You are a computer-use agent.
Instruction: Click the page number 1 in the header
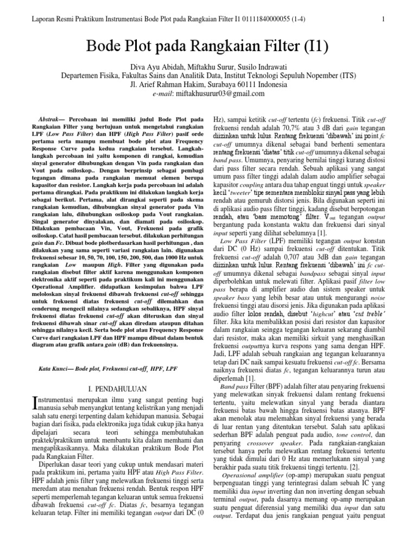(383, 20)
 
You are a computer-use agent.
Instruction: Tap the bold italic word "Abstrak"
(53, 118)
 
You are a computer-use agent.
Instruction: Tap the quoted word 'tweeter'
(242, 192)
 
